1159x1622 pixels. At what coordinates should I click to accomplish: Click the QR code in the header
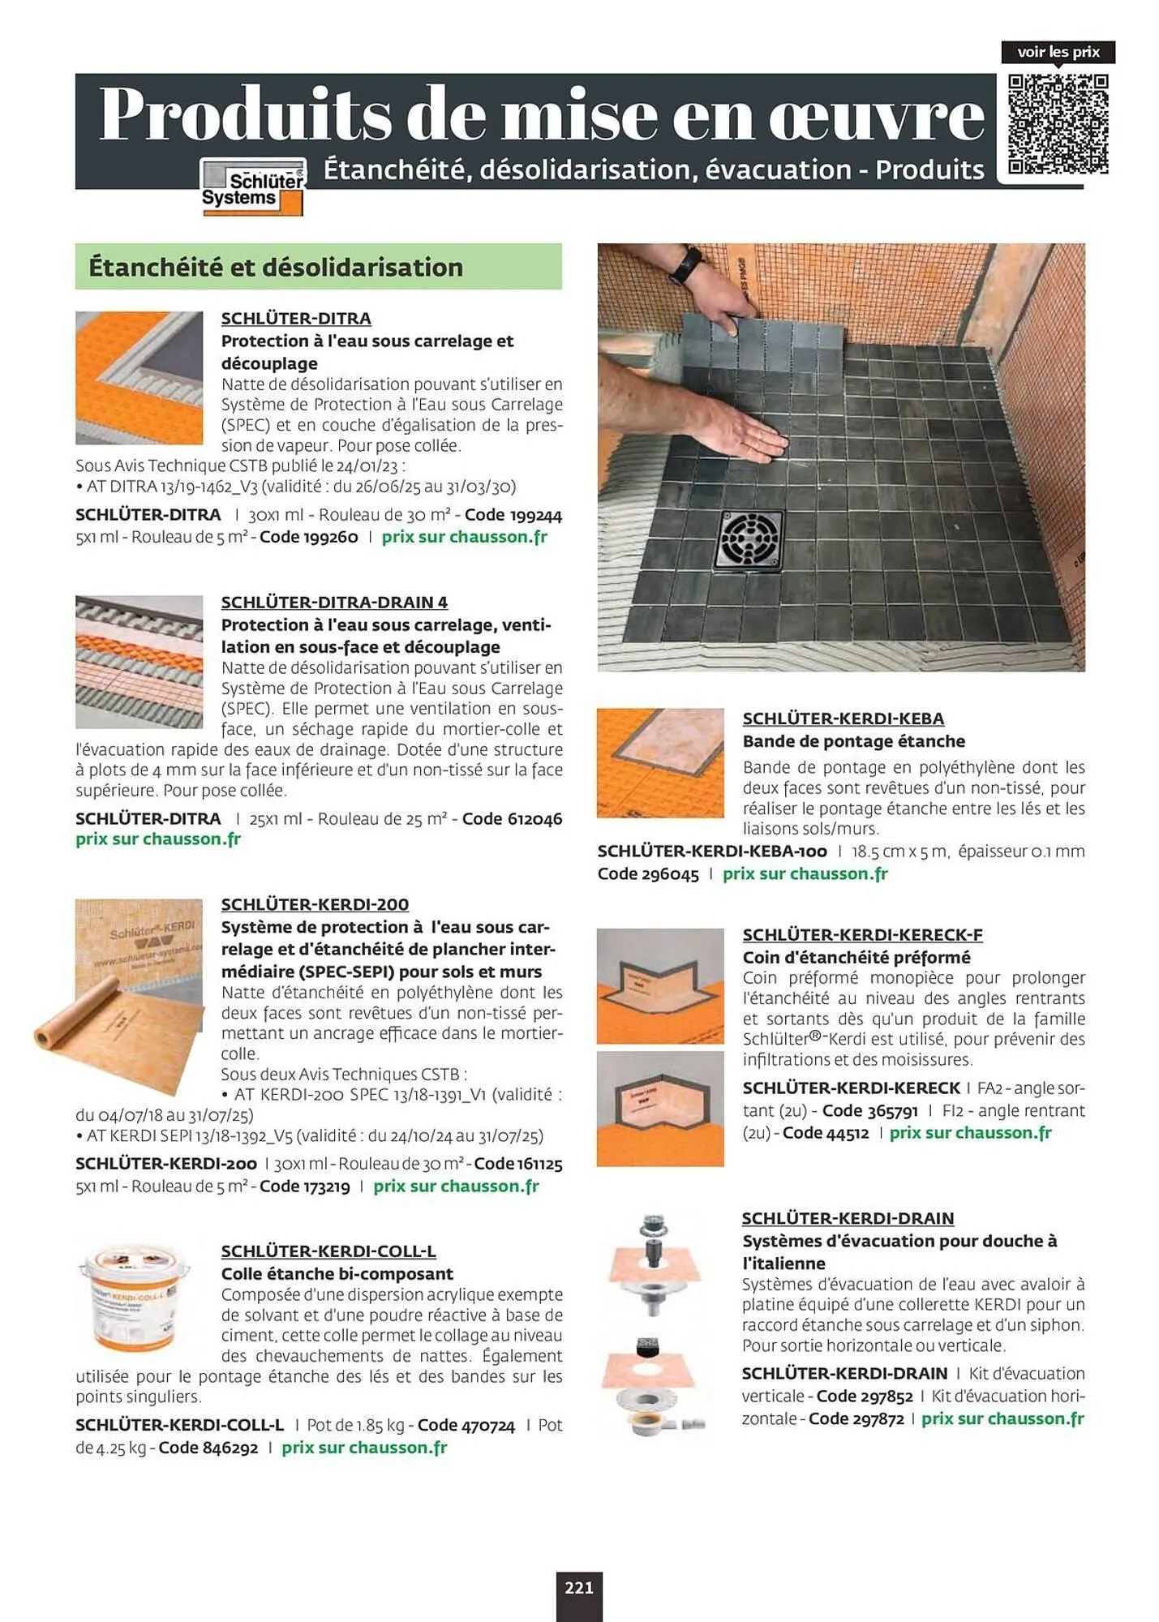coord(1058,124)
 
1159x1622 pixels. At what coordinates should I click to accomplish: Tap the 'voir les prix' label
coord(1058,52)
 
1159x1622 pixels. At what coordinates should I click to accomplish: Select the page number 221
coord(579,1587)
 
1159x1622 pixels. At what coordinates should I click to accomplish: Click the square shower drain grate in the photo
coord(749,541)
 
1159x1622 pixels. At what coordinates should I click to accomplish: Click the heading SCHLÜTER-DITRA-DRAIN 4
coord(334,603)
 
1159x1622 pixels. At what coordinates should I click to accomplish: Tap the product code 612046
coord(534,819)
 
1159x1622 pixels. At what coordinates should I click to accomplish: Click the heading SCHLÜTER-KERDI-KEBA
coord(843,719)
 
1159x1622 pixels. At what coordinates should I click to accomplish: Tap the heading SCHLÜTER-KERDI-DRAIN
coord(848,1218)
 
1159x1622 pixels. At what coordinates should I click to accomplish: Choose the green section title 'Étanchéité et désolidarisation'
coord(276,267)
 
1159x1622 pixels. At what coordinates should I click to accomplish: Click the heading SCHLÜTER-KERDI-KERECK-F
coord(862,935)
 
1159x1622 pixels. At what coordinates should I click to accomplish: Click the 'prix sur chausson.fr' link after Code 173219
coord(456,1186)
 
